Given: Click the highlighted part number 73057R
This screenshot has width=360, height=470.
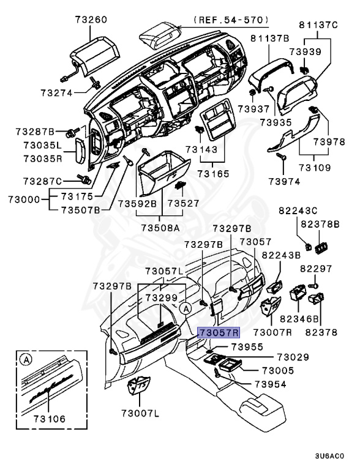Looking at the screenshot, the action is pyautogui.click(x=219, y=332).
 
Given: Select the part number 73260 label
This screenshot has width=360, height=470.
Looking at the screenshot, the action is pyautogui.click(x=91, y=20).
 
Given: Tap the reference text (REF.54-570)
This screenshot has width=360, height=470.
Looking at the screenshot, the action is pyautogui.click(x=231, y=20).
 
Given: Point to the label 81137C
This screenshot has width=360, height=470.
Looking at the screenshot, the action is pyautogui.click(x=318, y=24).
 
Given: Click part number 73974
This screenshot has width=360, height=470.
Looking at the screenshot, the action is pyautogui.click(x=284, y=182).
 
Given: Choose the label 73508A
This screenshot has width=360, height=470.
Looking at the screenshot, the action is pyautogui.click(x=160, y=228).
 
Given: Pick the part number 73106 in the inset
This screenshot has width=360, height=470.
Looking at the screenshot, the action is pyautogui.click(x=49, y=419).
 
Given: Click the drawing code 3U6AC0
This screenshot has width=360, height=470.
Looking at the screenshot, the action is pyautogui.click(x=329, y=456).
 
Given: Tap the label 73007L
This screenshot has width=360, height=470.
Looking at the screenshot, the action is pyautogui.click(x=140, y=414).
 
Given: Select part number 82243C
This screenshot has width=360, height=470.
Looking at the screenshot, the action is pyautogui.click(x=298, y=211).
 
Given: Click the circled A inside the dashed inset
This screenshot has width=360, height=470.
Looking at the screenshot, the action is pyautogui.click(x=26, y=359).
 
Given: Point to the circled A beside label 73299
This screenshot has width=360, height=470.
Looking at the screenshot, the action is pyautogui.click(x=186, y=308).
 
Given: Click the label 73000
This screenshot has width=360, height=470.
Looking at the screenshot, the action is pyautogui.click(x=24, y=200).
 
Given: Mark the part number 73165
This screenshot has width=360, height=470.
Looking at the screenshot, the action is pyautogui.click(x=213, y=174).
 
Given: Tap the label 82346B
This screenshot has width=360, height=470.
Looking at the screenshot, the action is pyautogui.click(x=299, y=319).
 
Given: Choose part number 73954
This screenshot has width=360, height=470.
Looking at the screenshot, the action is pyautogui.click(x=270, y=384).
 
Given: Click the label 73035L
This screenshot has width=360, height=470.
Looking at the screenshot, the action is pyautogui.click(x=42, y=146).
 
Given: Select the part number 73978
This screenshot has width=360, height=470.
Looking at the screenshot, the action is pyautogui.click(x=329, y=141).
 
